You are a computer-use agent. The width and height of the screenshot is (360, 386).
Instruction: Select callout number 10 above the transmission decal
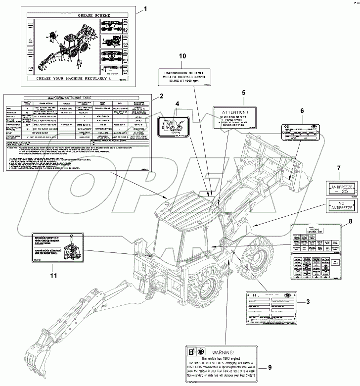point(182,57)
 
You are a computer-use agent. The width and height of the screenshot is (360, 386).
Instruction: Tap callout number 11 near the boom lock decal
point(53,276)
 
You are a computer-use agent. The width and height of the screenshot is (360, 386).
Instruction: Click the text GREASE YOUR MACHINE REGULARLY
point(77,79)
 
